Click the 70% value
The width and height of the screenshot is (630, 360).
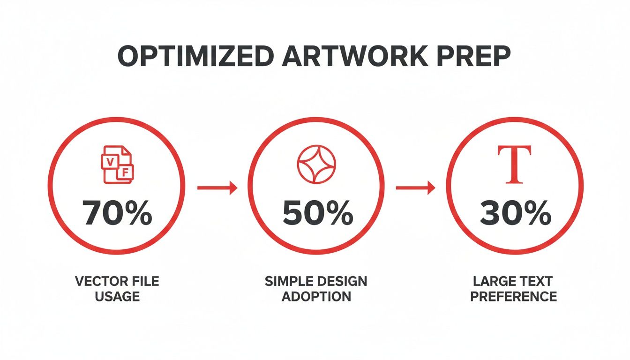tap(117, 214)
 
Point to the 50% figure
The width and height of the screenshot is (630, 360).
tap(317, 214)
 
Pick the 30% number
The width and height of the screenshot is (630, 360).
tap(515, 214)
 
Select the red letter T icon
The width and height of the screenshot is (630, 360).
tap(514, 165)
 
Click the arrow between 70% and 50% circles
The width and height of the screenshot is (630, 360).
tap(217, 188)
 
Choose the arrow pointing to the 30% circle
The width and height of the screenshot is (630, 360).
tap(415, 188)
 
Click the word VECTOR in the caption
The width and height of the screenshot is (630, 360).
tap(96, 282)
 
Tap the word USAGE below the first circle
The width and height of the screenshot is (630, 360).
tap(117, 296)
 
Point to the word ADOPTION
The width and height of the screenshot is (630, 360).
tap(316, 296)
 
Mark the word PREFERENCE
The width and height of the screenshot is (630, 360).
tap(514, 296)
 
